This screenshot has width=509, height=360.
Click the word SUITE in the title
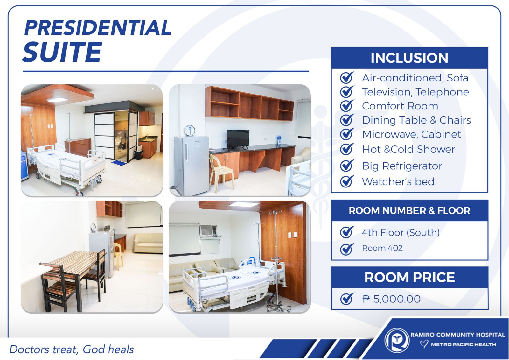pyautogui.click(x=62, y=52)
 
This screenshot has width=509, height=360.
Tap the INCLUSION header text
pyautogui.click(x=409, y=58)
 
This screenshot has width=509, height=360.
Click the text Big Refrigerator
pyautogui.click(x=402, y=166)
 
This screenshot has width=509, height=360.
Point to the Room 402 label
pyautogui.click(x=382, y=248)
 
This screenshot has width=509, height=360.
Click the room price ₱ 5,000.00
pyautogui.click(x=391, y=299)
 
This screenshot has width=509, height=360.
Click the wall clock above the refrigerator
pyautogui.click(x=190, y=130)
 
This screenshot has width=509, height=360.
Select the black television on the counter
pyautogui.click(x=238, y=139)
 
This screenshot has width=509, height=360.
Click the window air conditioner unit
pyautogui.click(x=208, y=231)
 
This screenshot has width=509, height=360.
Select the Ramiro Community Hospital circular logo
pyautogui.click(x=396, y=341)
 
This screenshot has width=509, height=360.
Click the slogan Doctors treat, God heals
pyautogui.click(x=72, y=349)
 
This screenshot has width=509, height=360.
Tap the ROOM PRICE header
pyautogui.click(x=409, y=277)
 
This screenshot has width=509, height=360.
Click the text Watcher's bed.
pyautogui.click(x=399, y=181)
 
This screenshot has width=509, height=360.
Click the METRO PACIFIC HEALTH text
pyautogui.click(x=463, y=344)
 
